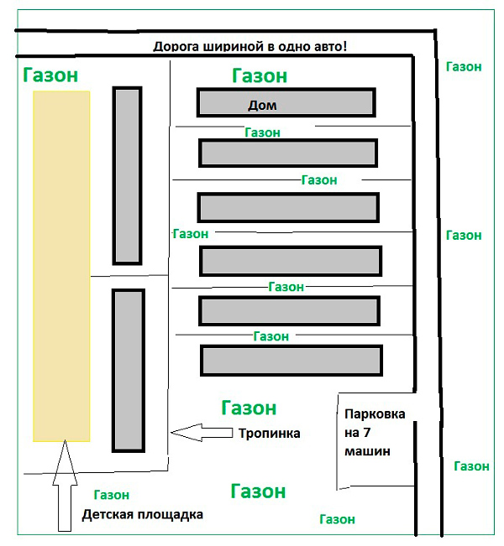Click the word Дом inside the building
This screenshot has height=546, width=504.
pyautogui.click(x=262, y=105)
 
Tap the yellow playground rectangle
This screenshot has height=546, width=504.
pyautogui.click(x=61, y=267)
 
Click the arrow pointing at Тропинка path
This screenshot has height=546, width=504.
pyautogui.click(x=202, y=433)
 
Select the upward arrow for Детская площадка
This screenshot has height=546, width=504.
pyautogui.click(x=65, y=486)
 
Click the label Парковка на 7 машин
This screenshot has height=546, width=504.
pyautogui.click(x=375, y=433)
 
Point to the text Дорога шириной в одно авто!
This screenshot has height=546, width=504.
pyautogui.click(x=249, y=46)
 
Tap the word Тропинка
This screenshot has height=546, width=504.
pyautogui.click(x=270, y=433)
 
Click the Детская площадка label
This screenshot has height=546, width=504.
pyautogui.click(x=142, y=515)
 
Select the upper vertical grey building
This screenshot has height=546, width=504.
pyautogui.click(x=127, y=176)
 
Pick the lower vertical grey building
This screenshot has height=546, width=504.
pyautogui.click(x=129, y=371)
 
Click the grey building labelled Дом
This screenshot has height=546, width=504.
pyautogui.click(x=286, y=102)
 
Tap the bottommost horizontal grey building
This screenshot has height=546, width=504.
pyautogui.click(x=291, y=361)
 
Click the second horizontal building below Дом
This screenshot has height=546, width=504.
pyautogui.click(x=288, y=207)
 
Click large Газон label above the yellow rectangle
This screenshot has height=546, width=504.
pyautogui.click(x=50, y=75)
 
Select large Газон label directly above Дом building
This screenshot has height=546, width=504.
pyautogui.click(x=260, y=75)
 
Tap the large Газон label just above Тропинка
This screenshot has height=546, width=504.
pyautogui.click(x=249, y=408)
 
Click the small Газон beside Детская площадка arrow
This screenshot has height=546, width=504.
pyautogui.click(x=112, y=495)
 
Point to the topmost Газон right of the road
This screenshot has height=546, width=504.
pyautogui.click(x=464, y=66)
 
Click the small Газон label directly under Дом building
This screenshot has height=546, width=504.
pyautogui.click(x=262, y=133)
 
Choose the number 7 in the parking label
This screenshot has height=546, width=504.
pyautogui.click(x=366, y=433)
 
